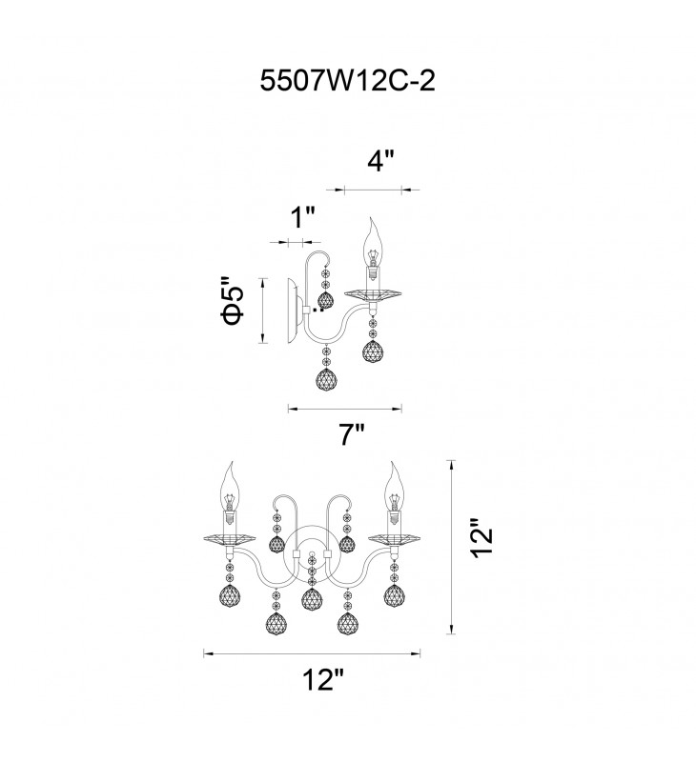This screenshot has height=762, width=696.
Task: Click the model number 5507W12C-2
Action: pyautogui.click(x=347, y=81)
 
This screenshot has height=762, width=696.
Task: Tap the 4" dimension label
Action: pyautogui.click(x=380, y=161)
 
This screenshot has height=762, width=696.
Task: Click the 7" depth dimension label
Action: pyautogui.click(x=353, y=435)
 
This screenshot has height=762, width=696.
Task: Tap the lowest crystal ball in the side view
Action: pyautogui.click(x=326, y=380)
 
